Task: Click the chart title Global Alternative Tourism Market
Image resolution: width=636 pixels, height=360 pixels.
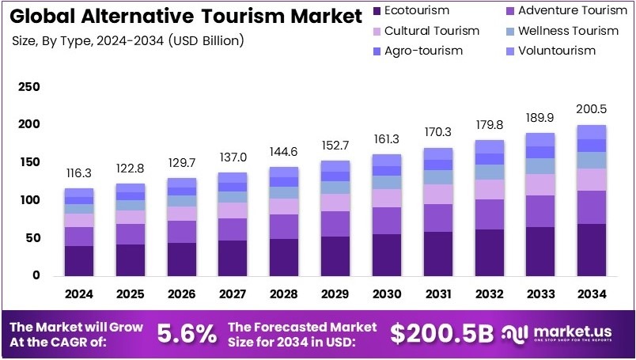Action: point(182,16)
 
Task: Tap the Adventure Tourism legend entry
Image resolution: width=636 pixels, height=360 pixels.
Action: point(561,11)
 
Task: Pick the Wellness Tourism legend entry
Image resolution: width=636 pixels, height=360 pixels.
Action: point(561,31)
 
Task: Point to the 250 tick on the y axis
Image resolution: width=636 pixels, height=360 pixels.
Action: point(28,86)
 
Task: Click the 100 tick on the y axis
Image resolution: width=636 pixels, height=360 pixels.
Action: point(28,200)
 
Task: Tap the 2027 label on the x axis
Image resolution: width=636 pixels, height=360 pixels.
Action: point(233,294)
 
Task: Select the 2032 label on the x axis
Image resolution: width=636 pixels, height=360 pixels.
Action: point(489,294)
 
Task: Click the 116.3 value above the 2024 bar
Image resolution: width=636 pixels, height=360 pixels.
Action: point(79,172)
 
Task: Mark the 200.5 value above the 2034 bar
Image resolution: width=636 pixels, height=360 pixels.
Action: point(591,108)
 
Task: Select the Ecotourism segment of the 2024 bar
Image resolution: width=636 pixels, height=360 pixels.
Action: point(79,260)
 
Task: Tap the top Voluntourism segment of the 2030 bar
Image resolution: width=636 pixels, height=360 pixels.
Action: point(387,160)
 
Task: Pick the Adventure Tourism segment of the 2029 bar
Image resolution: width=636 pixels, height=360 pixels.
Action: point(335,223)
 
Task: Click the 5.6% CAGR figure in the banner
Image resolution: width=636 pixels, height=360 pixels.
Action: point(187,334)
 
